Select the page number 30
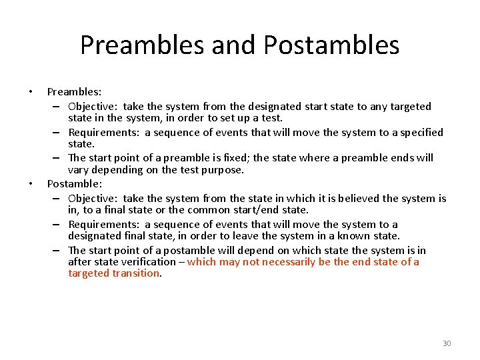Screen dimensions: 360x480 (447, 343)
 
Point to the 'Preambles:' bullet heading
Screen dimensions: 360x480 (74, 91)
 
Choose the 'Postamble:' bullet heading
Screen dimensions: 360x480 (74, 183)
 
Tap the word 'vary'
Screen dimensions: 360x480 (79, 169)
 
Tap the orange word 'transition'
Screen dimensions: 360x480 (137, 273)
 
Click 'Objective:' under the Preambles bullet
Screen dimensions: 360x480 (93, 107)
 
